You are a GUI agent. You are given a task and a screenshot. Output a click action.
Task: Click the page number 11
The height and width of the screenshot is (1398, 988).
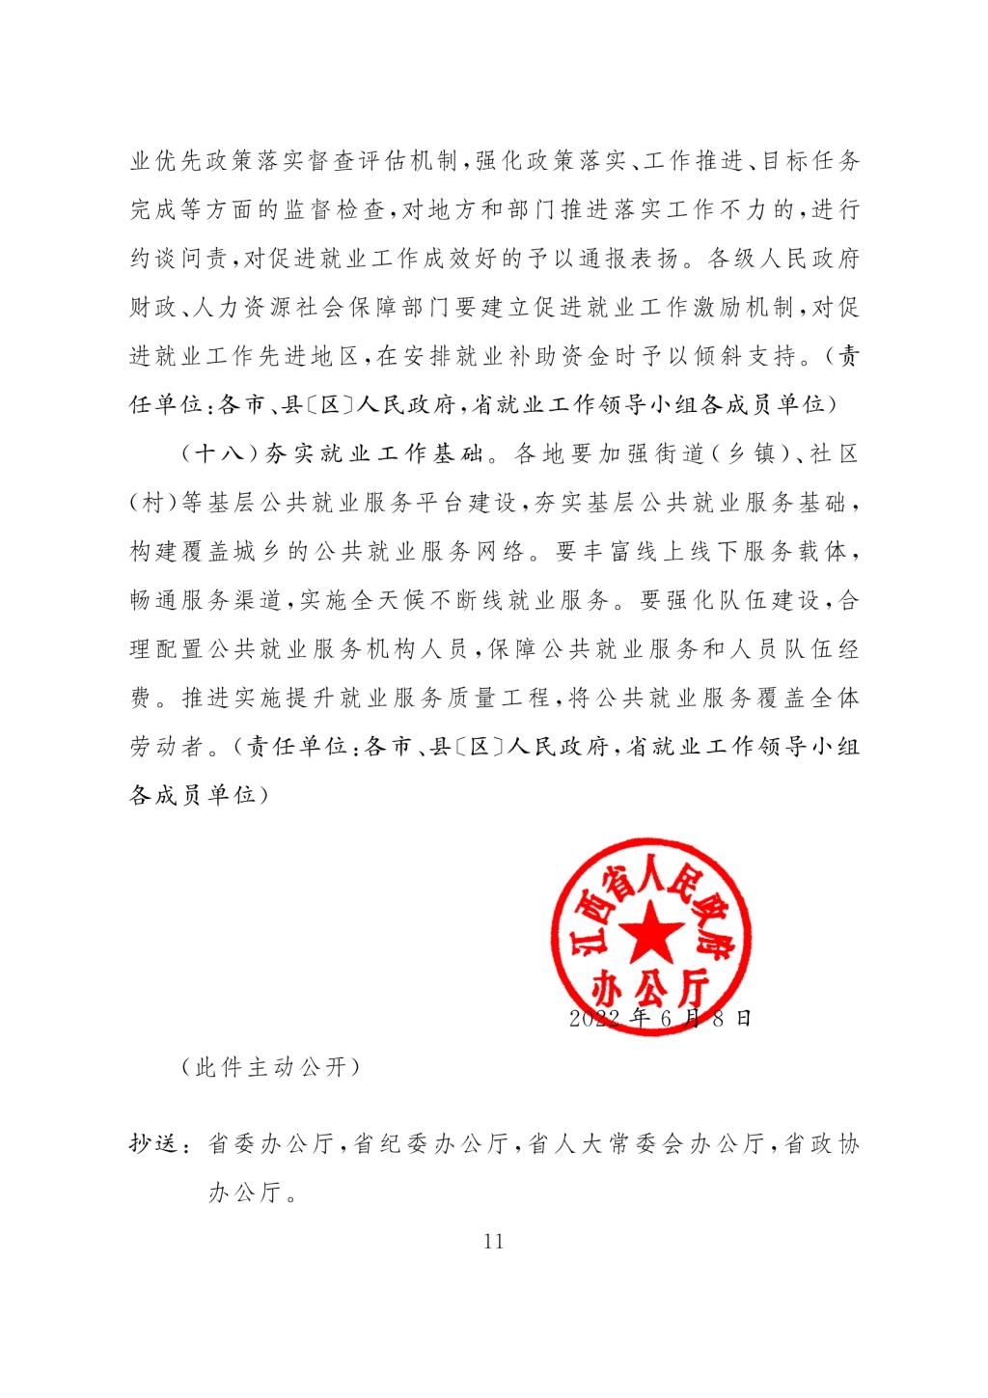click(493, 1242)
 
